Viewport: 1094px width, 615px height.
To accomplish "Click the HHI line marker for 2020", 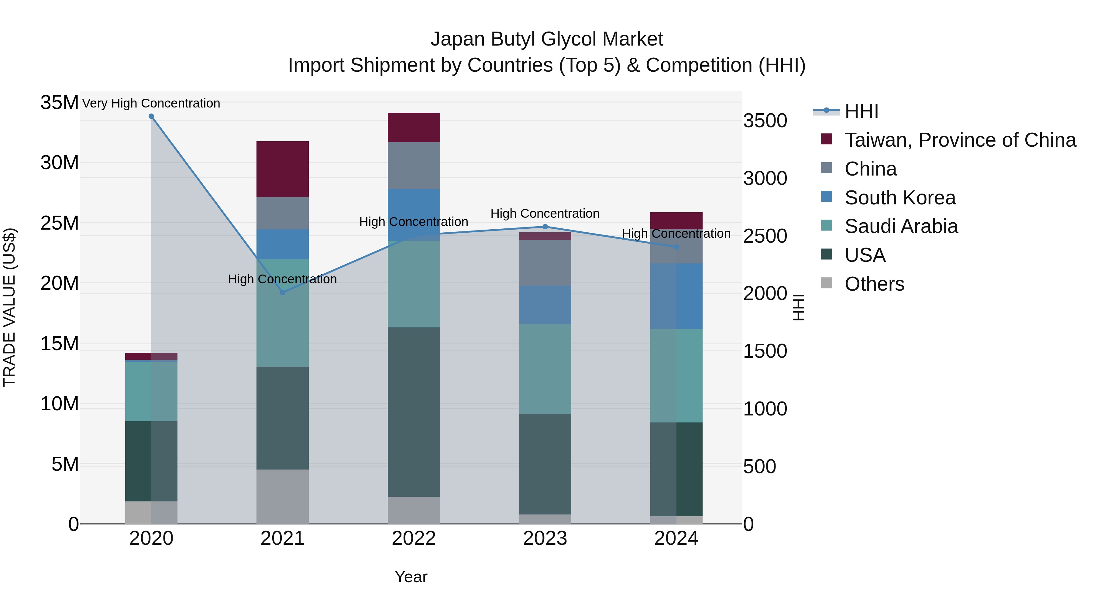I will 151,116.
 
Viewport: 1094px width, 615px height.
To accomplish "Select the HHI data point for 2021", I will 282,292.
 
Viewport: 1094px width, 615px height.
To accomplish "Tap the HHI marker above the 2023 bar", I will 545,227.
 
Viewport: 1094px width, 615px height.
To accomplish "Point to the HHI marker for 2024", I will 676,247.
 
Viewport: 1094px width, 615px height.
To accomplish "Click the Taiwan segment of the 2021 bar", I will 282,169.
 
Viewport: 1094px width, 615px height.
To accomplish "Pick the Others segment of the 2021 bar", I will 282,496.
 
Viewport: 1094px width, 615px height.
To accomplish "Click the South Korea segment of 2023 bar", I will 545,305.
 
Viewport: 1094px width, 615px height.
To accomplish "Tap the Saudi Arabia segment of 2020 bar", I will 151,391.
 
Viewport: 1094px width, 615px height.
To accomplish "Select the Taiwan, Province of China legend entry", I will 960,140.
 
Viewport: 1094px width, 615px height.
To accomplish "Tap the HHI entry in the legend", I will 861,111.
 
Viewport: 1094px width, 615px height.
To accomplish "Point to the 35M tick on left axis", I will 60,102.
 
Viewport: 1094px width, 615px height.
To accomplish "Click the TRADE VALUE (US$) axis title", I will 9,307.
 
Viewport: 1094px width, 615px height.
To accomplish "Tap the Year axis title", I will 411,577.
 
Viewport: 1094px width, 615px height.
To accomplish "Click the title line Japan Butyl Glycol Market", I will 547,39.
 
